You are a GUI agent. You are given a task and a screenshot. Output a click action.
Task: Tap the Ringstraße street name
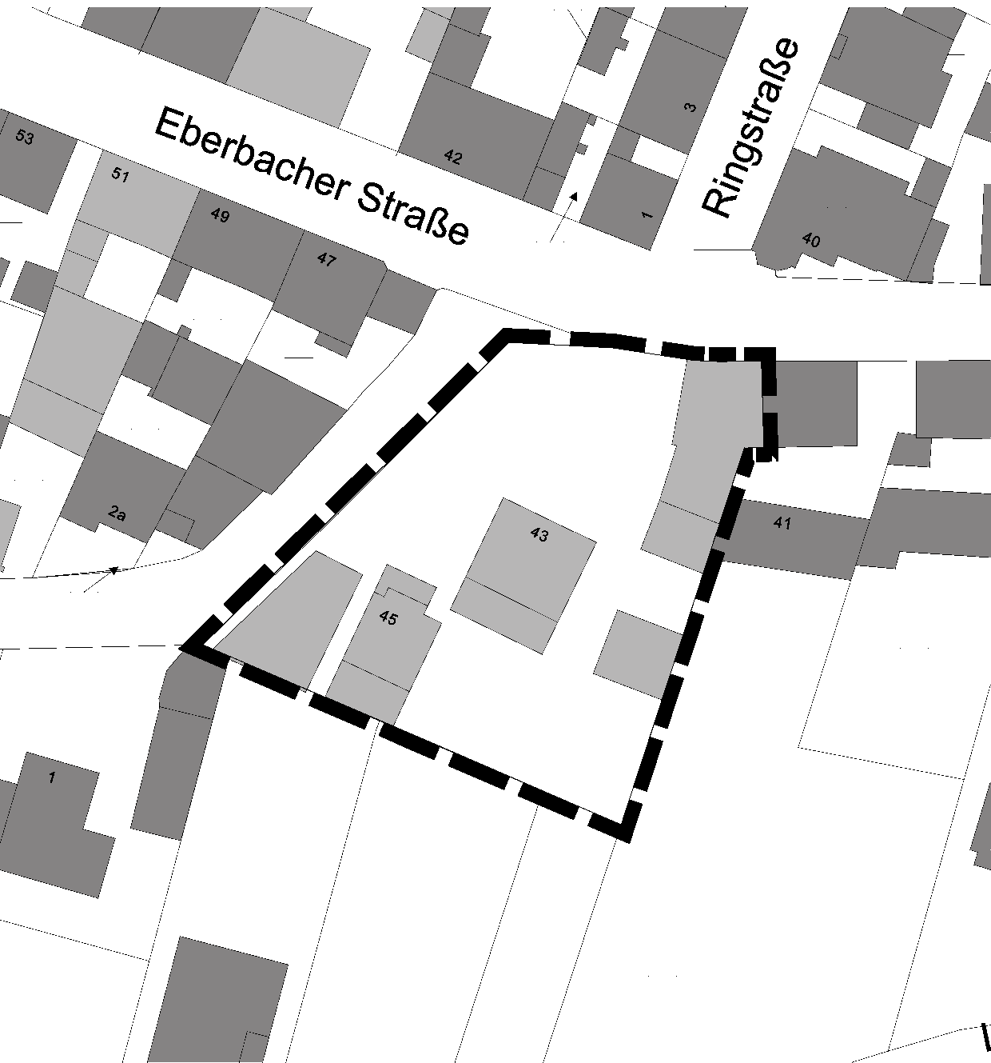coord(751,127)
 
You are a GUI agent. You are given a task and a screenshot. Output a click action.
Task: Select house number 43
coord(539,534)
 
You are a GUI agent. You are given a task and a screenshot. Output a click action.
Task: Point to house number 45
coord(388,617)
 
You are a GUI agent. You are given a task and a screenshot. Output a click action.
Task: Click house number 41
coord(782,523)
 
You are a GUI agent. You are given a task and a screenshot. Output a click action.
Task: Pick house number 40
coord(810,240)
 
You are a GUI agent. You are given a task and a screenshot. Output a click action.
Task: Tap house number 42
coord(452,157)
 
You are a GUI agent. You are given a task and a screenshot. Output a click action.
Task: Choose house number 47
coord(326,260)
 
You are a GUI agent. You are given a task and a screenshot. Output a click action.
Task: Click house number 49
coord(219,215)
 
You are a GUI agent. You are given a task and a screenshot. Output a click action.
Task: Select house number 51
coord(120,175)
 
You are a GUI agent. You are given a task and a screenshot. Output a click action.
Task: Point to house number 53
coord(25,138)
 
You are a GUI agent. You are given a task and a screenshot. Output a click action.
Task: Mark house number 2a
coord(117,514)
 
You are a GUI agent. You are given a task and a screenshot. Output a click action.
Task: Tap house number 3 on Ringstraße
coord(691,107)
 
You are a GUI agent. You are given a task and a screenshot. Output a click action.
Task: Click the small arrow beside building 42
coord(572,195)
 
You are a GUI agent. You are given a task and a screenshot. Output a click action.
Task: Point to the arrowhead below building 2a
coord(113,570)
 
